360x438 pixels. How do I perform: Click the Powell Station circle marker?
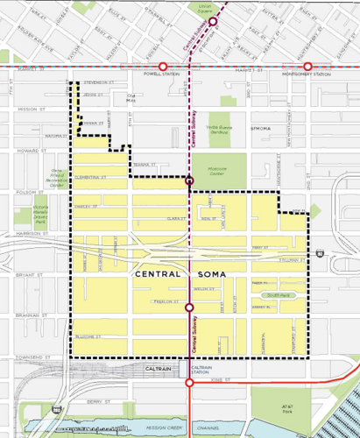click(162, 67)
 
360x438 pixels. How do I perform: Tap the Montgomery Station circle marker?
click(307, 67)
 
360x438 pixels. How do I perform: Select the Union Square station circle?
click(213, 20)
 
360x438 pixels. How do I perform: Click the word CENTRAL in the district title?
click(158, 274)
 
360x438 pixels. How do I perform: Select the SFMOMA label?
click(264, 126)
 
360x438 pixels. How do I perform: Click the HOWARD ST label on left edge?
click(32, 151)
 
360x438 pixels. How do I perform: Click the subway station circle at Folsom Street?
click(190, 181)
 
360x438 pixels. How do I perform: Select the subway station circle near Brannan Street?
click(190, 307)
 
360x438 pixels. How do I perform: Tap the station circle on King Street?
click(190, 382)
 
